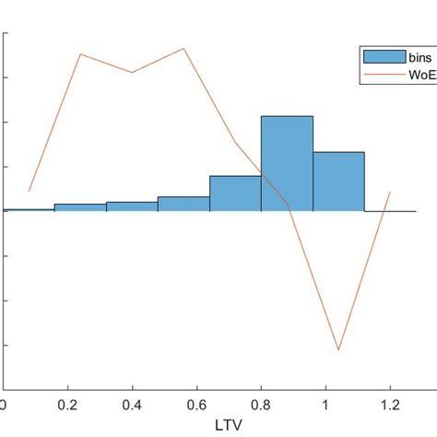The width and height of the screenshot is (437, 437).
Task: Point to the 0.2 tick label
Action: [67, 405]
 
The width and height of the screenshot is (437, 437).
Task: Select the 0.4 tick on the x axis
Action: [132, 405]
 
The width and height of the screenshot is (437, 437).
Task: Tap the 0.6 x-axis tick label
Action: [196, 405]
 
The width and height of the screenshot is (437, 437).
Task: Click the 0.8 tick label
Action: [261, 405]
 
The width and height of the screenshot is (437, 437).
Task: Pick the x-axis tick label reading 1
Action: [325, 405]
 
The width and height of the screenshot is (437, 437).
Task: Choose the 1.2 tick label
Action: [390, 405]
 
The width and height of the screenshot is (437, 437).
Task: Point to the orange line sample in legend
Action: [384, 74]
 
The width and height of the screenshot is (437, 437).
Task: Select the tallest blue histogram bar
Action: [287, 163]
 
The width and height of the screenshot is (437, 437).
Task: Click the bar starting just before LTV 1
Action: [338, 182]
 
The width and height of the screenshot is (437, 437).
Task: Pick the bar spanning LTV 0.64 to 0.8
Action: [235, 194]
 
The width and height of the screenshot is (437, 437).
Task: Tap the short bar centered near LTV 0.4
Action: [132, 207]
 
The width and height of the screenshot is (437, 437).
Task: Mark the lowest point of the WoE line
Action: [338, 349]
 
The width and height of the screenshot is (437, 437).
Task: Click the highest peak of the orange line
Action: [183, 48]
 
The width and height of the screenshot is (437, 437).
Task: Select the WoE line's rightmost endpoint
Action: [390, 192]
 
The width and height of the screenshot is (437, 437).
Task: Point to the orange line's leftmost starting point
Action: [30, 191]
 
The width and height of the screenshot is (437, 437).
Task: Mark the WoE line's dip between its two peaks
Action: [132, 73]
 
